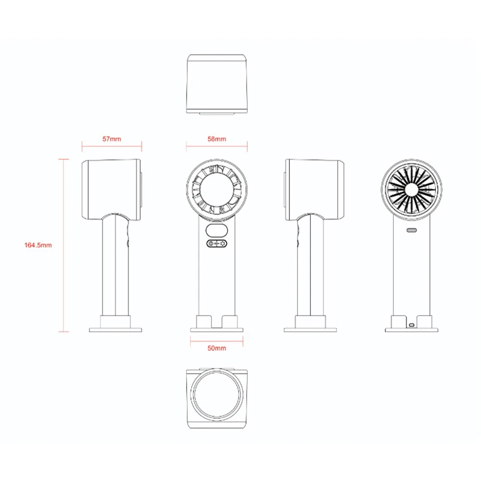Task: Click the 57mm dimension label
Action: tap(112, 139)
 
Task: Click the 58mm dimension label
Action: tap(216, 139)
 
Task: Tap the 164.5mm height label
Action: tap(38, 245)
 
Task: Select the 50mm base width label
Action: tap(216, 348)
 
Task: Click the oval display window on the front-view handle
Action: tap(217, 230)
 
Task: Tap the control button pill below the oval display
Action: tap(217, 244)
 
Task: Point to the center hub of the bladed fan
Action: tap(411, 190)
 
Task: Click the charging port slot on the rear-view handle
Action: tap(411, 230)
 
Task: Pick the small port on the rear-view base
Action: tap(411, 325)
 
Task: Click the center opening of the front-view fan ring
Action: tap(217, 189)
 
